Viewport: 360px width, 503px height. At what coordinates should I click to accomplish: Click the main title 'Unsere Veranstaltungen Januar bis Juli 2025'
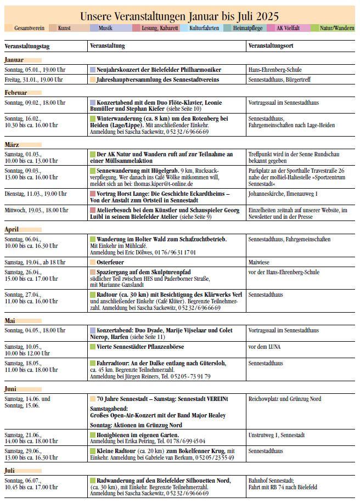tap(179, 16)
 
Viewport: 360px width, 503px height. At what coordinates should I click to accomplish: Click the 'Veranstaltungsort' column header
tap(272, 47)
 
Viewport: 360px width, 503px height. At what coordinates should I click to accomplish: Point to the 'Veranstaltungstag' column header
tap(27, 47)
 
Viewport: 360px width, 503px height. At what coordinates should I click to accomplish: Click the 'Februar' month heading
tap(16, 93)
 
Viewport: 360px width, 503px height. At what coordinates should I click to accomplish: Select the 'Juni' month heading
tap(12, 389)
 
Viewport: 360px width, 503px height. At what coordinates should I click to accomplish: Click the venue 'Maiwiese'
tap(259, 262)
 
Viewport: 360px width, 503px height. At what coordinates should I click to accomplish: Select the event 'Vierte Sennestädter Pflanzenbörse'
tap(140, 347)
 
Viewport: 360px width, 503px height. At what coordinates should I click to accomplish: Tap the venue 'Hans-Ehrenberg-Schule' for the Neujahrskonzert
tap(275, 70)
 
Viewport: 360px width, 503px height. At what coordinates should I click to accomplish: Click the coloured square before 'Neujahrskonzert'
tap(92, 70)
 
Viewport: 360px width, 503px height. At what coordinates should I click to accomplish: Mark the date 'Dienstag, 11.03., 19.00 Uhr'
tap(36, 194)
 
